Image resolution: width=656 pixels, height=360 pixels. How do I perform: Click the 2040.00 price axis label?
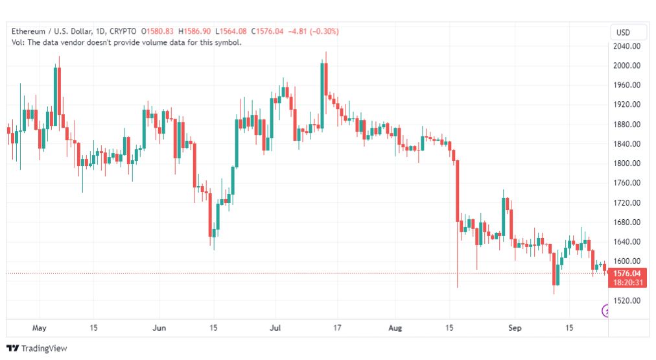[627, 46]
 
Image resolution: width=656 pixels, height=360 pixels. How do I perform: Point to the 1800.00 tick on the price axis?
[627, 163]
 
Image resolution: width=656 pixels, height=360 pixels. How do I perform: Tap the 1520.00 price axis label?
[627, 300]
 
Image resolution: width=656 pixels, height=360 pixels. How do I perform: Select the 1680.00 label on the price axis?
[627, 222]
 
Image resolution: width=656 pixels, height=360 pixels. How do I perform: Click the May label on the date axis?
[40, 328]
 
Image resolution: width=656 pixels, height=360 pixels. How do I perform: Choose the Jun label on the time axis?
[159, 328]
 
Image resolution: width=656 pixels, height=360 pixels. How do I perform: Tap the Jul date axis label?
[275, 328]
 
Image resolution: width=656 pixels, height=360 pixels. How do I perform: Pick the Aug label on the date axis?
[395, 328]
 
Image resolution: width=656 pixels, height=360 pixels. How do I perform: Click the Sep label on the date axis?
[515, 328]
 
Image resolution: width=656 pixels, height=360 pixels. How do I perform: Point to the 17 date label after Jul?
[337, 328]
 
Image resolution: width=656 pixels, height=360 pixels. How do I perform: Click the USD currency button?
[623, 32]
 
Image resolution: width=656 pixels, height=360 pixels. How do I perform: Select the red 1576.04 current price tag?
[627, 273]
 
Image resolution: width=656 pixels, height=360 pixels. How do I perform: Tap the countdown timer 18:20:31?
[627, 283]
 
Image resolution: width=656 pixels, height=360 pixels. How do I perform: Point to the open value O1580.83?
[158, 31]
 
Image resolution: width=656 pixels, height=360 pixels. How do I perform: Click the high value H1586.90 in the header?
[194, 31]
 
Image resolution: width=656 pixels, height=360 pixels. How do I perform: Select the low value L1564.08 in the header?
[231, 31]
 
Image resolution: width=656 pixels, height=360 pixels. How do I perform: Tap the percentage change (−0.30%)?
[324, 31]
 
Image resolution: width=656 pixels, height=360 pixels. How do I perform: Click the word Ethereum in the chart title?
[29, 31]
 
